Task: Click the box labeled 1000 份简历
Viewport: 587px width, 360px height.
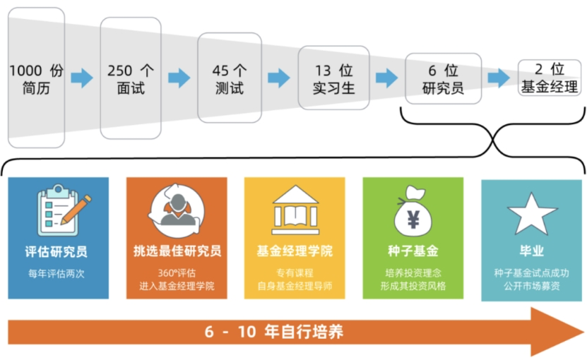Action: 36,79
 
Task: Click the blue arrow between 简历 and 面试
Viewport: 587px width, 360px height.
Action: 82,78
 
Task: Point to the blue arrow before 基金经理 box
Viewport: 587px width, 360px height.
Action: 499,78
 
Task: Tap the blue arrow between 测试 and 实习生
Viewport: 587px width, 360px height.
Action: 279,78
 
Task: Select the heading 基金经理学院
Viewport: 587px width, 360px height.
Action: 295,251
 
